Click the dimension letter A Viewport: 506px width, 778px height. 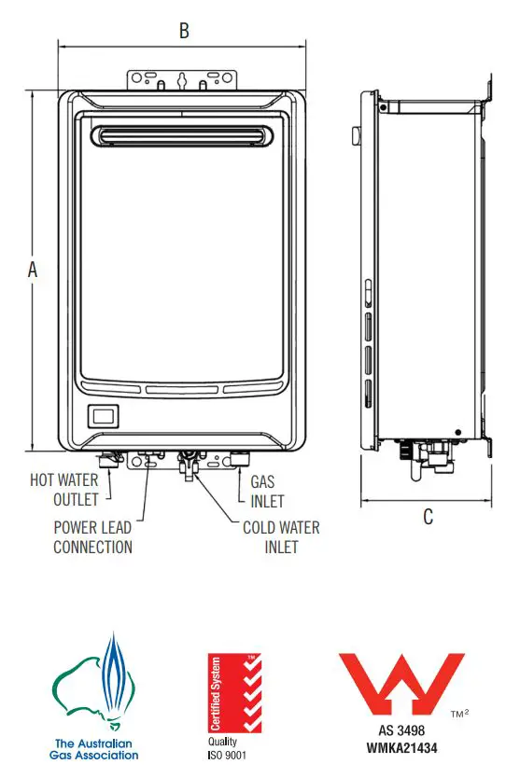(33, 270)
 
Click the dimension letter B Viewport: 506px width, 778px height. (184, 31)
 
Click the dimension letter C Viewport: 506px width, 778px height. (428, 517)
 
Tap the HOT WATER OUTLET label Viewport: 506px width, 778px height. (64, 490)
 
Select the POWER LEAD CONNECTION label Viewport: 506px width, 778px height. (92, 536)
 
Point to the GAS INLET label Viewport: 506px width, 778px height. (267, 490)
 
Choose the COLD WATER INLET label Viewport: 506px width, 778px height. (281, 536)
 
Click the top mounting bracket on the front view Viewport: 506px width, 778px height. (183, 79)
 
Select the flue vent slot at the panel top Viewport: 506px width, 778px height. (183, 138)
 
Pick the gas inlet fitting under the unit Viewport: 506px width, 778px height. (239, 459)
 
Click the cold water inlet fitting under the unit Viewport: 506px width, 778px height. (189, 462)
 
